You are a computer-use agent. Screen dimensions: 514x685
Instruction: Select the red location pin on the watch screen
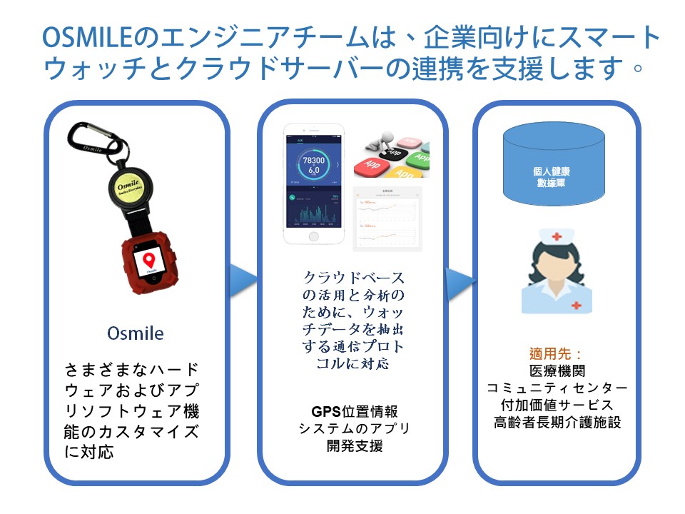(x=151, y=258)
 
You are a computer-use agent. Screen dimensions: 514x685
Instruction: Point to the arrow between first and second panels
(x=243, y=281)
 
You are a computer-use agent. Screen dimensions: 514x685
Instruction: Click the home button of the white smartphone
(x=314, y=236)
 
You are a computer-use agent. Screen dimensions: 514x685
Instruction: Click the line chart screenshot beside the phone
(x=387, y=218)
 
